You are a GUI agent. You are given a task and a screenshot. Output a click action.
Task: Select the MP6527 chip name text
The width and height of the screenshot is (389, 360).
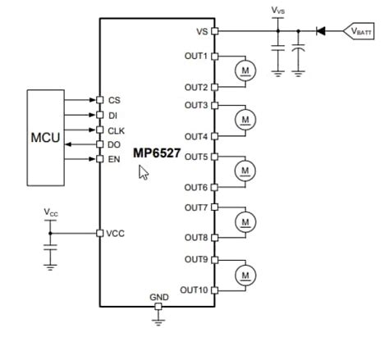[x=156, y=153]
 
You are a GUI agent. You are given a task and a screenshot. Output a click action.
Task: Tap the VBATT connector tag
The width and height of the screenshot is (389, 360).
[x=359, y=31]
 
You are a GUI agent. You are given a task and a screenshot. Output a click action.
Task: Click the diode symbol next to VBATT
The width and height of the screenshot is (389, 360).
[x=321, y=31]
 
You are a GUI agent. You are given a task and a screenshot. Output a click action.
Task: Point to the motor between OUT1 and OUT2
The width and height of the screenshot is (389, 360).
[x=245, y=70]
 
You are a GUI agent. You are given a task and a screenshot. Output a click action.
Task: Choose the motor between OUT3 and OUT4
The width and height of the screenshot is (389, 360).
[x=245, y=120]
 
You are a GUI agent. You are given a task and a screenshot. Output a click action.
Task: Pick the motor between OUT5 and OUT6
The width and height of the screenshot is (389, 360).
[x=245, y=171]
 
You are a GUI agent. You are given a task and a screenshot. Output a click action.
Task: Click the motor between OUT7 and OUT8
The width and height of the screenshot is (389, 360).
[x=245, y=221]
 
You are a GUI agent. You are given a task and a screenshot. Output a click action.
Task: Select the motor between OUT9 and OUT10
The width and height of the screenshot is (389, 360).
[x=245, y=272]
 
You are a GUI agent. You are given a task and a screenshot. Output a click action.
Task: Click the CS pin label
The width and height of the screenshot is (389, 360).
[x=114, y=100]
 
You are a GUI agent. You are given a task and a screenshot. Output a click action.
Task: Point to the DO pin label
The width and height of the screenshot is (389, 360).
[x=114, y=144]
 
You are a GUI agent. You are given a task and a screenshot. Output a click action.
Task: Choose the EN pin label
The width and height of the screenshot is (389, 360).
[x=114, y=159]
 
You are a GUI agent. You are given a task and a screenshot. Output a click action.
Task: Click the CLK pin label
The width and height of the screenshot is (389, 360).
[x=117, y=130]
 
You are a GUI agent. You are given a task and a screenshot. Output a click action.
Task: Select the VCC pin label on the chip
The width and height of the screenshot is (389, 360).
[x=116, y=234]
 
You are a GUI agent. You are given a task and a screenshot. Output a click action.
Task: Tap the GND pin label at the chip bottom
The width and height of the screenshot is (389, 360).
[x=158, y=297]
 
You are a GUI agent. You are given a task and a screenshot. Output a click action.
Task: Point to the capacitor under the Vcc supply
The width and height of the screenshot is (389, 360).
[x=51, y=245]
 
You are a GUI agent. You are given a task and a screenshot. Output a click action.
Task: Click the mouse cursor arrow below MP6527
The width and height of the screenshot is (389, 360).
[x=144, y=172]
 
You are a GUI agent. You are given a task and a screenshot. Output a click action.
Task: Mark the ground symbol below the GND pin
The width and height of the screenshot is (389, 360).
[x=158, y=322]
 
